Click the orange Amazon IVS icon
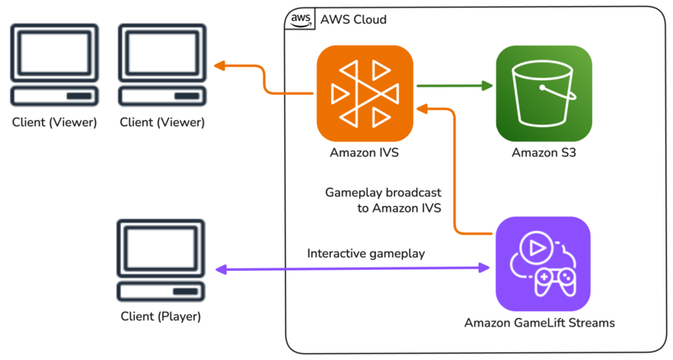[x=365, y=93]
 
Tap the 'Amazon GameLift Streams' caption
[x=540, y=323]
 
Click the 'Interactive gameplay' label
[x=366, y=253]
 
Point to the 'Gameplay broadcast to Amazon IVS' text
[x=383, y=200]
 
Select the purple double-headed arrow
[x=353, y=269]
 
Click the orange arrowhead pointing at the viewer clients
[x=221, y=66]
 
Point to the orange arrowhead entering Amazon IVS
[x=424, y=108]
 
